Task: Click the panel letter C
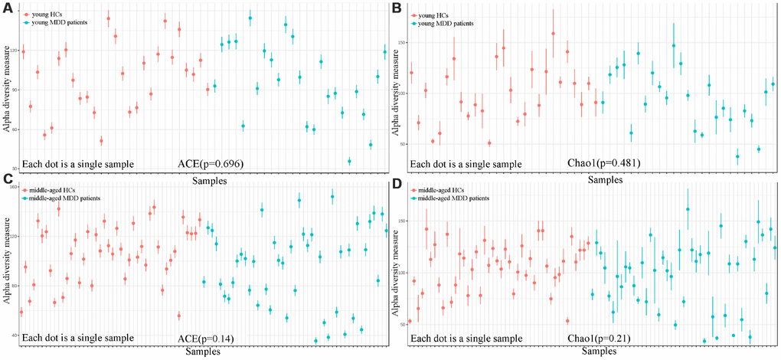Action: (5, 180)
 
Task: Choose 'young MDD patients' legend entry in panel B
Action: (440, 24)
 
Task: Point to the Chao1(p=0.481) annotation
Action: (603, 163)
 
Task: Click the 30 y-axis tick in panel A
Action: (13, 168)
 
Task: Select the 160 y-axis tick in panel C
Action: (12, 187)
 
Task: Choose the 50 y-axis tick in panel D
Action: (404, 325)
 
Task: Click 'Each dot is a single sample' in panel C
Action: (78, 338)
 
